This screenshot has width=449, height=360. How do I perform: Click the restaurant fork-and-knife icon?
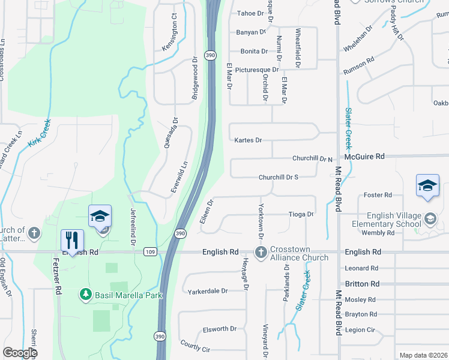click(x=72, y=240)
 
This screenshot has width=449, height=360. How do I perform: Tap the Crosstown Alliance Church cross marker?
click(x=261, y=252)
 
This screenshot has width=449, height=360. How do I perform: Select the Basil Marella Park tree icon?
click(x=86, y=295)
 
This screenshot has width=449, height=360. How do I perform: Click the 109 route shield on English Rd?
click(x=150, y=253)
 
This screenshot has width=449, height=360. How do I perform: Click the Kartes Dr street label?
click(x=249, y=140)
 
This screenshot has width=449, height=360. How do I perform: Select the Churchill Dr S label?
click(x=279, y=178)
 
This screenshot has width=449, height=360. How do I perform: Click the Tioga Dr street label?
click(x=301, y=214)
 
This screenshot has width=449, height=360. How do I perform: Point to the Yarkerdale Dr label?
click(x=208, y=291)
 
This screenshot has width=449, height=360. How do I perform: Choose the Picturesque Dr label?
click(x=257, y=70)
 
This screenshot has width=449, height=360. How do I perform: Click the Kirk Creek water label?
click(x=39, y=134)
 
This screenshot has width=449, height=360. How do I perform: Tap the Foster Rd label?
click(x=378, y=195)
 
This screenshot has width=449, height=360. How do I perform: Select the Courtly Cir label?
click(x=195, y=346)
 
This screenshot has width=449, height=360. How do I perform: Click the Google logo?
click(x=20, y=353)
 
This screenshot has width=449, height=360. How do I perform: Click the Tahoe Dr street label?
click(x=250, y=13)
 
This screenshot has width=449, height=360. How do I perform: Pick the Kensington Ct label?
click(x=170, y=40)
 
